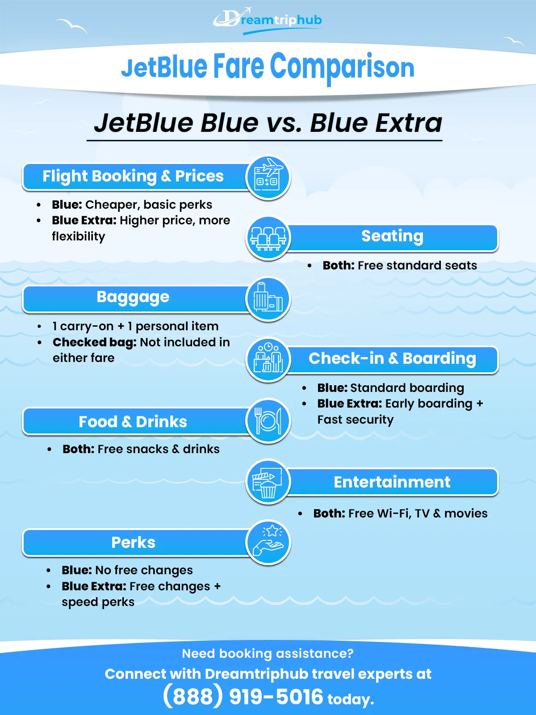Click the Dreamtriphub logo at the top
(x=268, y=20)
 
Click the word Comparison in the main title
(x=342, y=68)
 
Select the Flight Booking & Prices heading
(x=133, y=176)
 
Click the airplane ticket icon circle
(x=268, y=177)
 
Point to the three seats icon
(x=268, y=238)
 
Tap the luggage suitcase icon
(x=268, y=299)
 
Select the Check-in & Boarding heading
(x=392, y=359)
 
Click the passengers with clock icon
(x=268, y=360)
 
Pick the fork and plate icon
(x=268, y=421)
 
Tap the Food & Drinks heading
(x=133, y=421)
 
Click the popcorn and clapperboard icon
(x=268, y=481)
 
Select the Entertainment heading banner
(x=392, y=482)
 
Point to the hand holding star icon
(x=268, y=543)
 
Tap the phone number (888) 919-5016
(x=243, y=697)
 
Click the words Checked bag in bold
(x=95, y=343)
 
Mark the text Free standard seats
(x=417, y=265)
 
